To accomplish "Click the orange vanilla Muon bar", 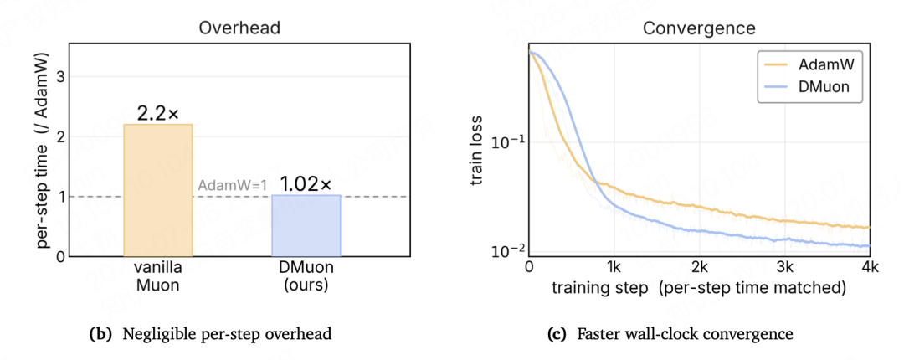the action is [x=158, y=190].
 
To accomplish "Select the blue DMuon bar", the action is [x=306, y=225].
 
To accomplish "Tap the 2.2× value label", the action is [x=158, y=114].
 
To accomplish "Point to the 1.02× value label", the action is [x=306, y=185].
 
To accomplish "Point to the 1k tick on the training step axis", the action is [x=614, y=267].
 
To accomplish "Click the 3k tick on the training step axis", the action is [x=784, y=267].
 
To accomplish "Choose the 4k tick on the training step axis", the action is [x=870, y=267].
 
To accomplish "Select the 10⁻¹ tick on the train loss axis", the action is [x=508, y=142].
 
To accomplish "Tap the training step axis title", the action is [x=699, y=288].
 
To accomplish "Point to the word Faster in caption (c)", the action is [x=598, y=334].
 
